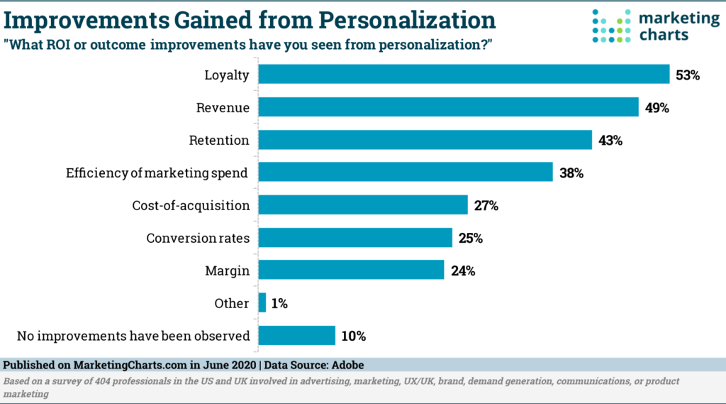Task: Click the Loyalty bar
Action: click(464, 74)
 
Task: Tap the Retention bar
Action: click(425, 140)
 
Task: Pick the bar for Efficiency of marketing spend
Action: click(405, 172)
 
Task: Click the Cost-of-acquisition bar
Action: click(362, 205)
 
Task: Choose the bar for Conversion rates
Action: click(354, 238)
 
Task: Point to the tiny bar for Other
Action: click(262, 303)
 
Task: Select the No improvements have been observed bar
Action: click(296, 336)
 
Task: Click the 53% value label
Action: click(688, 75)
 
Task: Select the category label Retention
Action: click(219, 140)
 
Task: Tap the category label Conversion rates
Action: click(198, 238)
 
